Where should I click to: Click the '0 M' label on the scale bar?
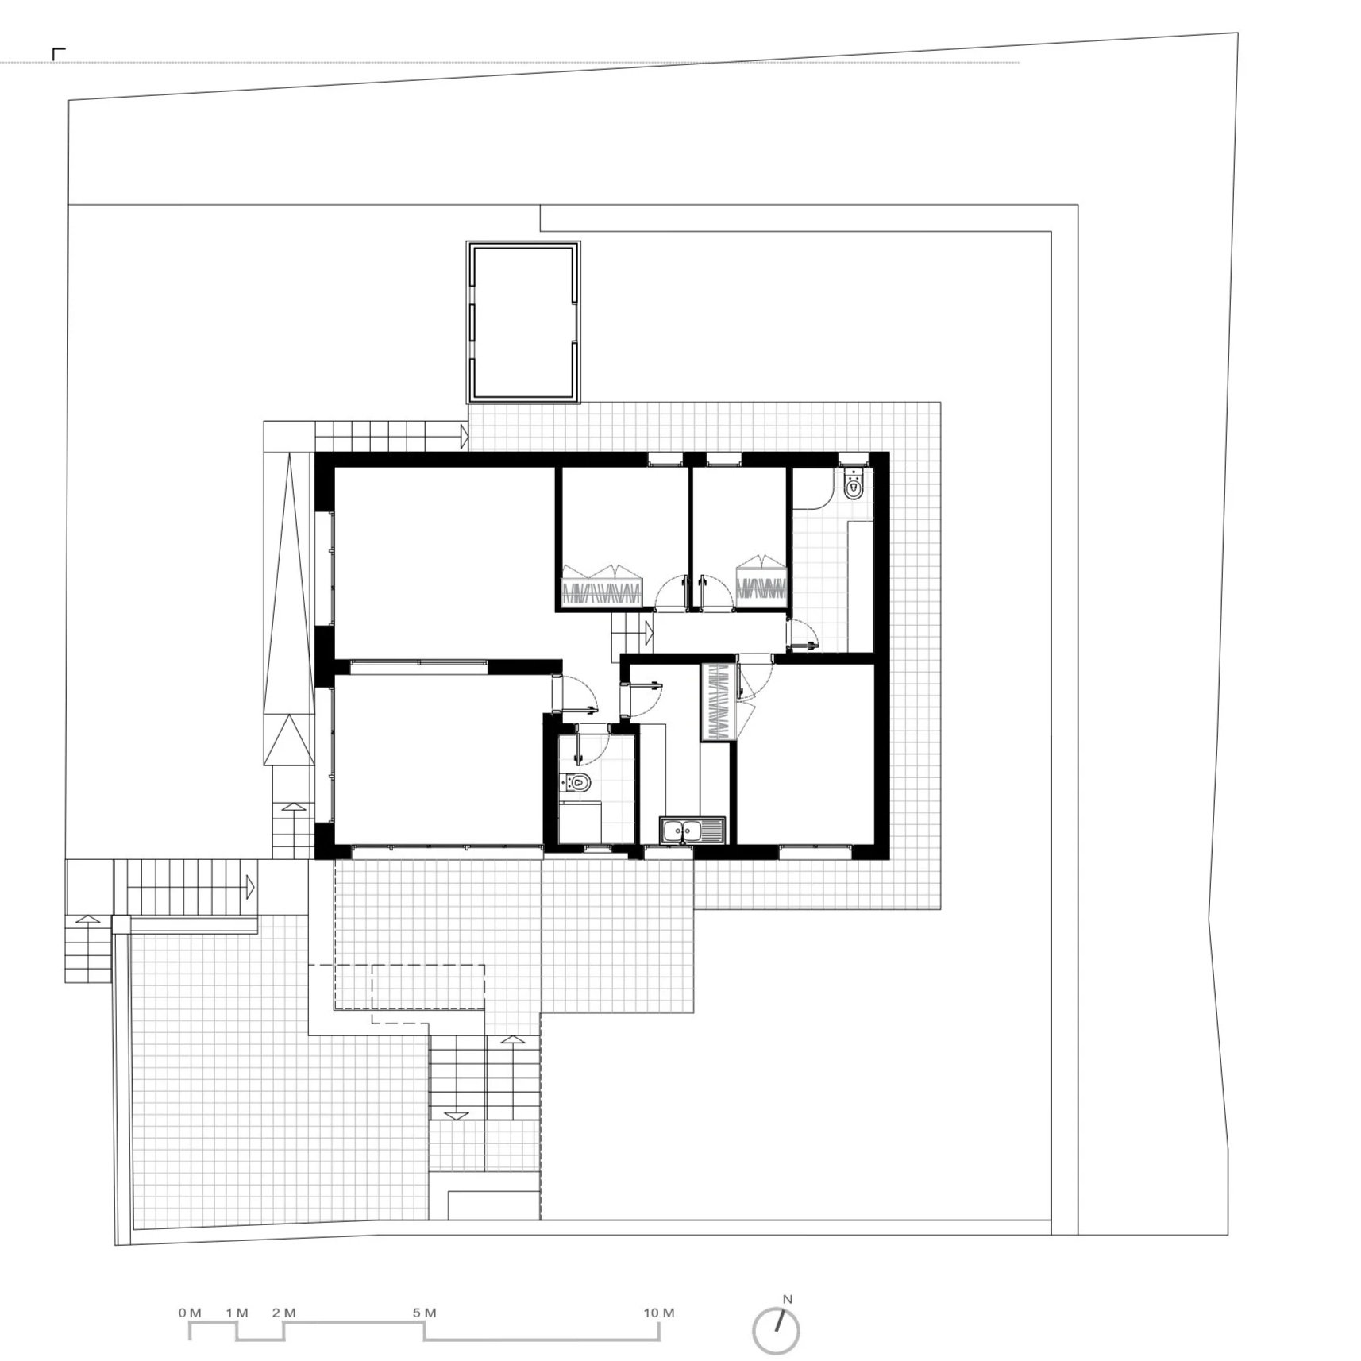tap(190, 1313)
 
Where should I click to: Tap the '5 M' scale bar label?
tap(425, 1313)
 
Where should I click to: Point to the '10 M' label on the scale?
tap(659, 1313)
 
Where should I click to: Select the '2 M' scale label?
tap(283, 1313)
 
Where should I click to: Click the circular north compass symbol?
tap(777, 1331)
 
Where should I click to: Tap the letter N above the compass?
tap(788, 1299)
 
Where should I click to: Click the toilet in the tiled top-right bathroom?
tap(854, 484)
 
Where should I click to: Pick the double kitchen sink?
tap(692, 831)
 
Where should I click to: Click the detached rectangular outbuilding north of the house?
tap(523, 322)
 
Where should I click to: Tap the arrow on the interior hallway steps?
tap(649, 633)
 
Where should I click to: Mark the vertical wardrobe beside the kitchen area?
tap(717, 702)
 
